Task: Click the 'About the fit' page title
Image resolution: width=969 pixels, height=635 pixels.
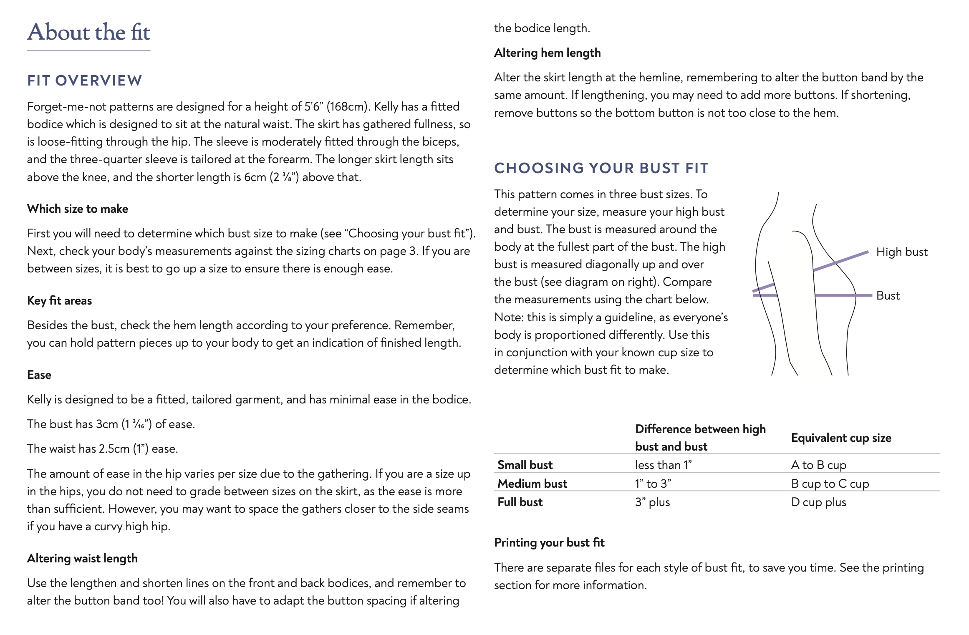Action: click(89, 32)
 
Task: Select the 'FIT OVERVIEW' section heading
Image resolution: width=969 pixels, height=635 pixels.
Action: click(85, 81)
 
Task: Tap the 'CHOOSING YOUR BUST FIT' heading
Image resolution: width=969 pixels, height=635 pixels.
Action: click(601, 168)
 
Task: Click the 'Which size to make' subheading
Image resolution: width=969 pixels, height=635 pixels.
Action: click(78, 209)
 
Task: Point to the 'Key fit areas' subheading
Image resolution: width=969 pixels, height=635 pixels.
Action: click(59, 300)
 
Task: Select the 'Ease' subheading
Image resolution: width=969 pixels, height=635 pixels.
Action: click(39, 375)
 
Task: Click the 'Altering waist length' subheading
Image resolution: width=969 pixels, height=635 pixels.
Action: click(82, 558)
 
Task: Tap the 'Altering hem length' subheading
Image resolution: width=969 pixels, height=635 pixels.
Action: click(547, 53)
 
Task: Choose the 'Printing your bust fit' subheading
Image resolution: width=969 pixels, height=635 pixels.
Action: click(549, 542)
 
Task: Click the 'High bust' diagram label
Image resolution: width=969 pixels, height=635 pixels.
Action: click(902, 252)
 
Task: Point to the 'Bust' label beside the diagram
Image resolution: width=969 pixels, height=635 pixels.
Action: click(888, 296)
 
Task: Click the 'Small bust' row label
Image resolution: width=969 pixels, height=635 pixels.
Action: click(525, 465)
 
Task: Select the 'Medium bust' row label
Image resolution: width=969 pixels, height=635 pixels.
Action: click(532, 484)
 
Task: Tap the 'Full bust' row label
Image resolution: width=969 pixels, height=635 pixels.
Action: click(520, 502)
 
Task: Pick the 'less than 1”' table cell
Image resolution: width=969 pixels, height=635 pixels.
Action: click(663, 465)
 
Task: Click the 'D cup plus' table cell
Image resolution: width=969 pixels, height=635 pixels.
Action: click(818, 502)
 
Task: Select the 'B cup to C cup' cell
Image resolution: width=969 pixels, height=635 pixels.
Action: click(830, 484)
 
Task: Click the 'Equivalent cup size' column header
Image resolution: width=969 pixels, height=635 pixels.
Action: click(841, 438)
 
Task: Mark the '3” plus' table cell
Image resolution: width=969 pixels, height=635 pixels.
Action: click(652, 502)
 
